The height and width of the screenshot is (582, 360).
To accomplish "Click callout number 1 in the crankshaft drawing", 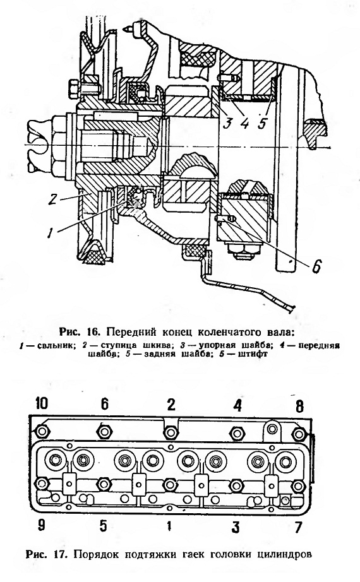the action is [x=49, y=233].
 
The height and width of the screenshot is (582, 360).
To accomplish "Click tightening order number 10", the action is [x=42, y=403].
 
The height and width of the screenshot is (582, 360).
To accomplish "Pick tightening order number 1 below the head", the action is [x=169, y=526].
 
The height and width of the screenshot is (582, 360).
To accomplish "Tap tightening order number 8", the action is [x=299, y=406].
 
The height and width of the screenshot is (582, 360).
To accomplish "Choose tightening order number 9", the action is [x=41, y=526].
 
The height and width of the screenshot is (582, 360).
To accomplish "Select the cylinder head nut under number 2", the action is [x=170, y=432].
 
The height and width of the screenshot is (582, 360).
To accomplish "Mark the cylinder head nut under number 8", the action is [x=299, y=433].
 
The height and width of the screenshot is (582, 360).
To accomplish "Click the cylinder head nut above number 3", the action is [x=236, y=485].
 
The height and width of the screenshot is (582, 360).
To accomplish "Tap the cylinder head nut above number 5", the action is [x=104, y=484].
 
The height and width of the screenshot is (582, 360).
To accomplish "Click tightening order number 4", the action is [x=237, y=406].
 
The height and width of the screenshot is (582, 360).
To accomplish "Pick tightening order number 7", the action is [x=298, y=527].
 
